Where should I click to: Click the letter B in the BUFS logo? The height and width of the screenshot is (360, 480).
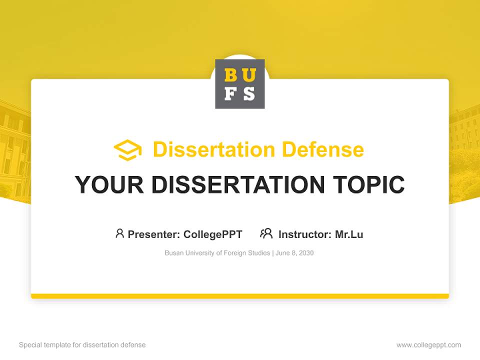tap(231, 75)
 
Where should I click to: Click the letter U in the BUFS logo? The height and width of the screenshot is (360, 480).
tap(248, 75)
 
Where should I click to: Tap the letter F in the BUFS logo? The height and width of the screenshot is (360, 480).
tap(231, 93)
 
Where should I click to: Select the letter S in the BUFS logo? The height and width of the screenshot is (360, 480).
tap(248, 93)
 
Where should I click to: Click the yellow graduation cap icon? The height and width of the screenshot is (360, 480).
tap(127, 150)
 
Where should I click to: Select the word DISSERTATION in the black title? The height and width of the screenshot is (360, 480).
tap(238, 184)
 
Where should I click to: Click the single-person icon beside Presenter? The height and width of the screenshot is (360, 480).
tap(119, 233)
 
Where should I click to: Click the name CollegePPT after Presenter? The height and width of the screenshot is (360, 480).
tap(213, 234)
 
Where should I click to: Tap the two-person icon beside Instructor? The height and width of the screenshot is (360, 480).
tap(266, 233)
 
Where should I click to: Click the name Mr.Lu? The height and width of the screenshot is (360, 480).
tap(349, 234)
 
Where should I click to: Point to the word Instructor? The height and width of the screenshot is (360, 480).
tap(304, 234)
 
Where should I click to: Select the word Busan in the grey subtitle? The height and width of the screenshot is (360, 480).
tap(173, 253)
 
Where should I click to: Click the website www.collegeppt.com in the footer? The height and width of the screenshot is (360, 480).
tap(428, 345)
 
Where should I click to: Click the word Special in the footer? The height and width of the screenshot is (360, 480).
tap(29, 345)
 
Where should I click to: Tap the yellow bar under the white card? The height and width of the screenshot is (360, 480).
tap(240, 296)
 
